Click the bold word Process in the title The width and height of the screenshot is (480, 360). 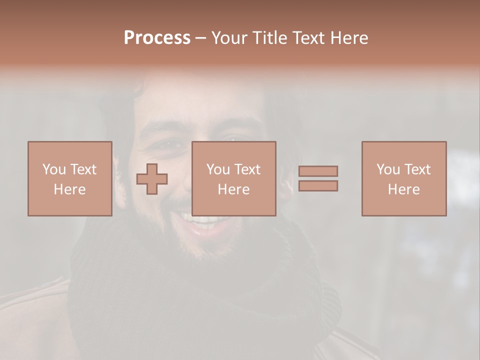pyautogui.click(x=157, y=38)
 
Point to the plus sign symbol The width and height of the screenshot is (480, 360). pyautogui.click(x=152, y=178)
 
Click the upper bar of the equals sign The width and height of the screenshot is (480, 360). pyautogui.click(x=318, y=171)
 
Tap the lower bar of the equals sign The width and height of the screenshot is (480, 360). pyautogui.click(x=318, y=185)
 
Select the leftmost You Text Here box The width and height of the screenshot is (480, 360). pyautogui.click(x=69, y=178)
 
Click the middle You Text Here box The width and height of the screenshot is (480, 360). pyautogui.click(x=233, y=178)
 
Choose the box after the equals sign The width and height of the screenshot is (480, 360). pyautogui.click(x=403, y=178)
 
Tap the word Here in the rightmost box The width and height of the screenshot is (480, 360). pyautogui.click(x=403, y=189)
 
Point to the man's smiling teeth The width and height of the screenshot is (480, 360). pyautogui.click(x=200, y=219)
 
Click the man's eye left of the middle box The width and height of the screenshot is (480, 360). pyautogui.click(x=170, y=143)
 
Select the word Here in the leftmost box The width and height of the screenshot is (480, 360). pyautogui.click(x=69, y=189)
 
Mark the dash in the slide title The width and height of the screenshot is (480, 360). pyautogui.click(x=201, y=38)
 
